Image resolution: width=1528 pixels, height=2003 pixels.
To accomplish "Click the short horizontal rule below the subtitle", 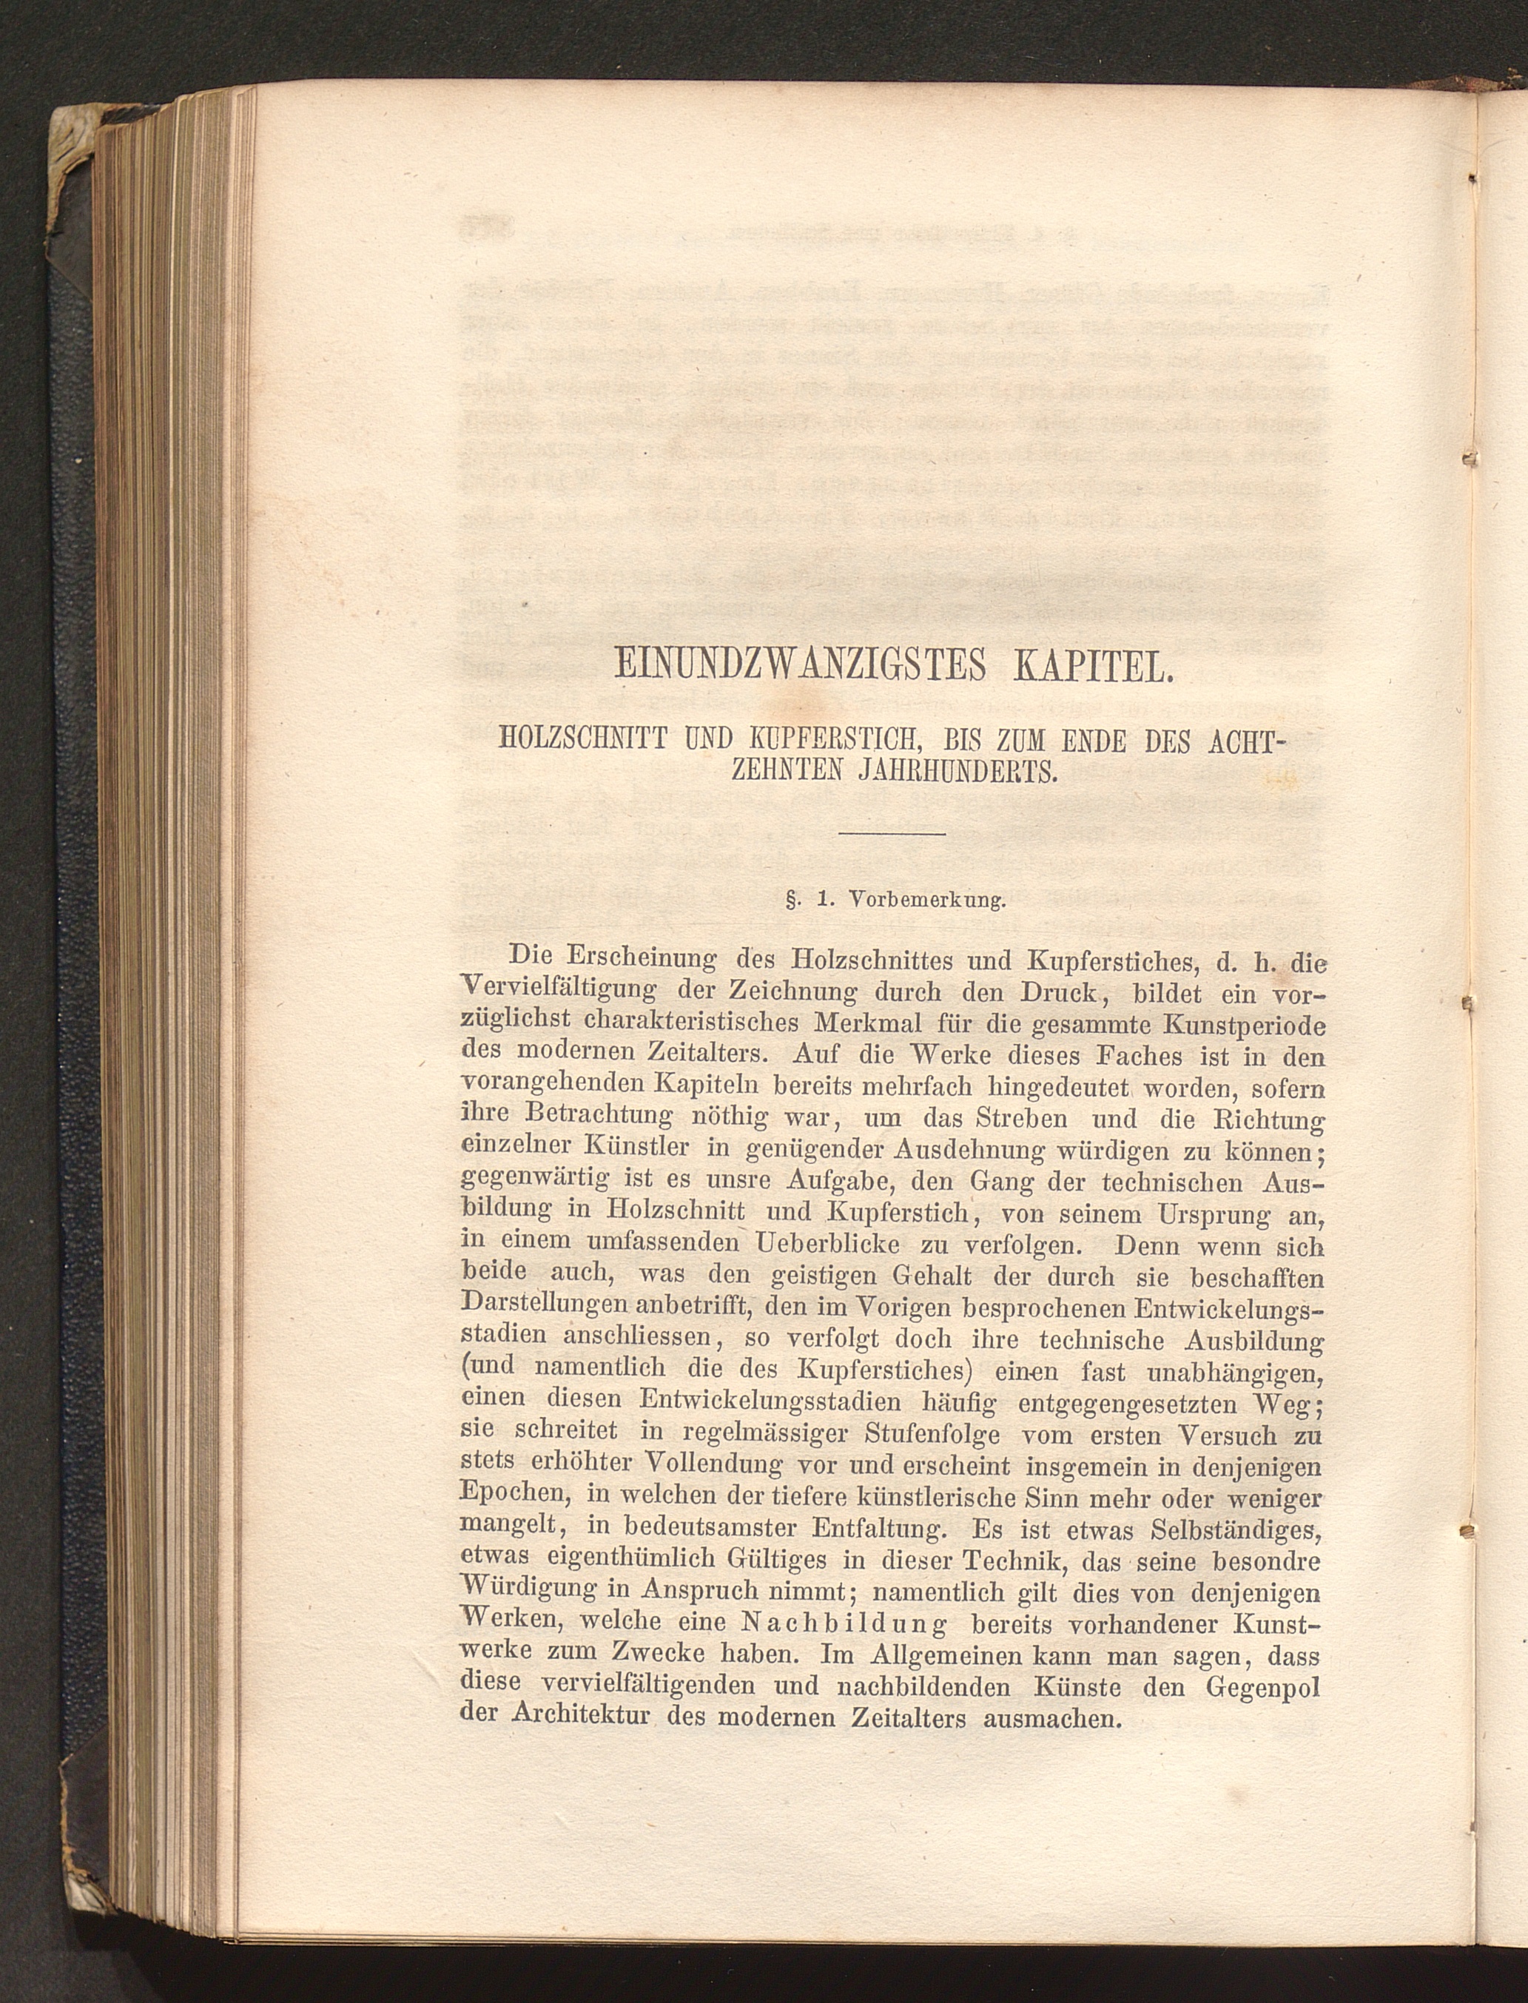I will [892, 833].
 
